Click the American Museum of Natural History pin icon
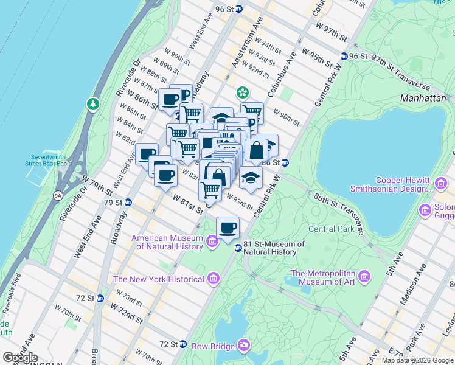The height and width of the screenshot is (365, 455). (212, 243)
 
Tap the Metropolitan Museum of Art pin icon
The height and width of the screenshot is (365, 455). (365, 277)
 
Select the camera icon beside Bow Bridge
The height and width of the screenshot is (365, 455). (244, 346)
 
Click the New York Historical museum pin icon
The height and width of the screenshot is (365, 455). (213, 279)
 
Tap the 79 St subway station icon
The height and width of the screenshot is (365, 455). (128, 202)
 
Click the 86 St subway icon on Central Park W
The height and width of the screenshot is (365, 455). (284, 163)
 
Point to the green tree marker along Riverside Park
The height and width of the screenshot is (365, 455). (93, 104)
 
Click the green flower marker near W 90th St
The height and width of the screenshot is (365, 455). (243, 92)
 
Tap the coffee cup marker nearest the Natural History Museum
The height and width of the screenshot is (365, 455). (228, 228)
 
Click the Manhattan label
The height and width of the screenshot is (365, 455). (424, 97)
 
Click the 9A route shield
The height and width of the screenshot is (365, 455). (58, 196)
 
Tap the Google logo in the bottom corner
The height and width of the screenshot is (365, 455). (20, 357)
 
